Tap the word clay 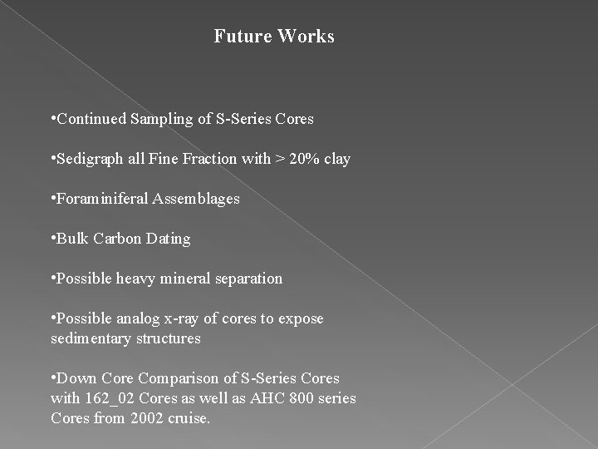(x=336, y=159)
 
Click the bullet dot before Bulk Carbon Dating (x=52, y=239)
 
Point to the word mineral (x=189, y=279)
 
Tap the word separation (x=248, y=279)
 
